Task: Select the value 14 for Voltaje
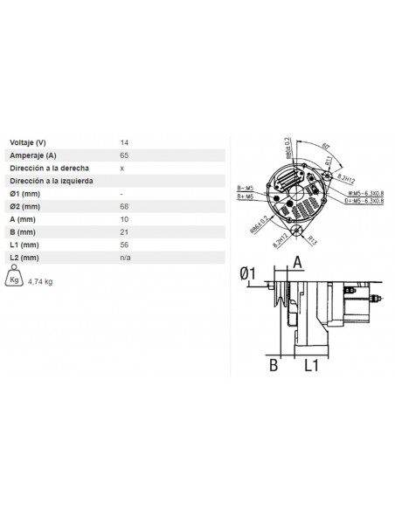(123, 141)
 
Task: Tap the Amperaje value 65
(123, 154)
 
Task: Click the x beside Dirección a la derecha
(121, 167)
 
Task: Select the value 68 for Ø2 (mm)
(123, 206)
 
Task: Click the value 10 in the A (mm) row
(123, 219)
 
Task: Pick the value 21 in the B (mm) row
(123, 232)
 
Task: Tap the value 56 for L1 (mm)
(123, 245)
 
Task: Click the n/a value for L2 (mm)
(125, 258)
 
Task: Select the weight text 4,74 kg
(41, 282)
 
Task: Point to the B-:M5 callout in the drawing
(245, 188)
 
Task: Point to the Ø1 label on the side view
(247, 275)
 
